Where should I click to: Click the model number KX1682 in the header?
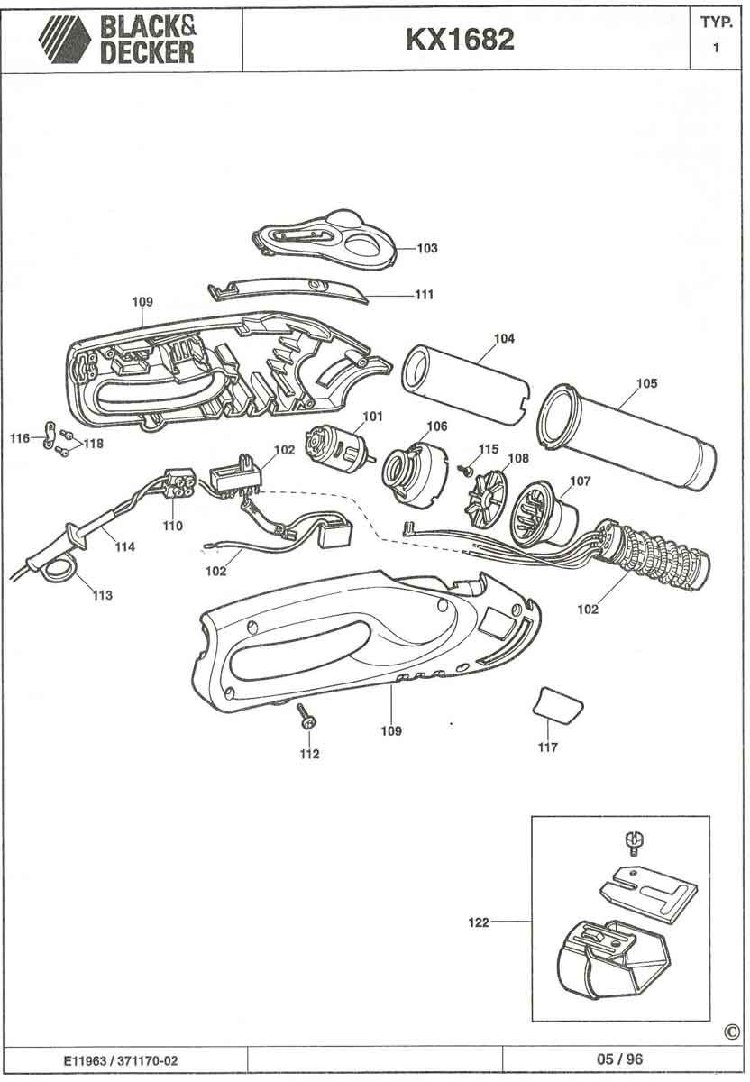461,40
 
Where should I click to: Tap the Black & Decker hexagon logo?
65,40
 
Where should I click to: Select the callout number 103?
427,248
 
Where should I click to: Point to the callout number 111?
425,294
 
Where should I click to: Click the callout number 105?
646,383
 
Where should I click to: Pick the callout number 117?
548,747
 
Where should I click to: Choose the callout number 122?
479,922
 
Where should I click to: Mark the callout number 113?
103,595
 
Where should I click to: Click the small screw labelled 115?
465,469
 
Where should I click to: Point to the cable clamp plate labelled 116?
50,435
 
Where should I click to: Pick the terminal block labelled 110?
179,483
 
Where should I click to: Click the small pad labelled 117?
558,706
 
